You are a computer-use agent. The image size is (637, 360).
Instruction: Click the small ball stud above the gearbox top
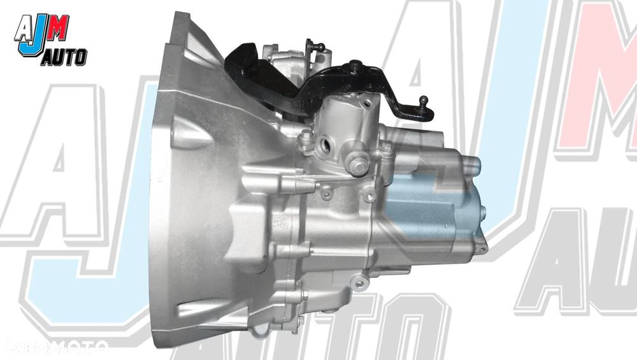[320, 46]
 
